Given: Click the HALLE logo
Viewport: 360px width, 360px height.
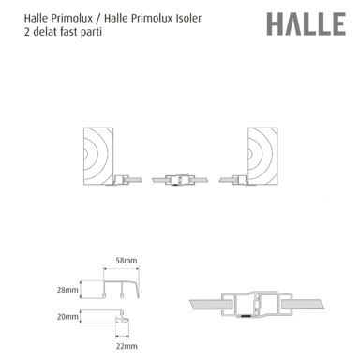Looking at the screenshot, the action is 306,24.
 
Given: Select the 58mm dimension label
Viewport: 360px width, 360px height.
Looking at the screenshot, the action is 127,260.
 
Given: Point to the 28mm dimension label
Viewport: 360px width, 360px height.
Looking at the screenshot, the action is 67,290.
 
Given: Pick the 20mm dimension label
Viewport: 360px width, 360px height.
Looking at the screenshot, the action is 67,317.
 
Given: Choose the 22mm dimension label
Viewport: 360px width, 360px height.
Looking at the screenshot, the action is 127,346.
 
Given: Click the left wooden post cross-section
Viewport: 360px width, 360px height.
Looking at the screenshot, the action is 98,156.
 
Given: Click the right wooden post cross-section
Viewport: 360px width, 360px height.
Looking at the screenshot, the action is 262,156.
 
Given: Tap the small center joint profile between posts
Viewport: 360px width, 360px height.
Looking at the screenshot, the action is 180,180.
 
